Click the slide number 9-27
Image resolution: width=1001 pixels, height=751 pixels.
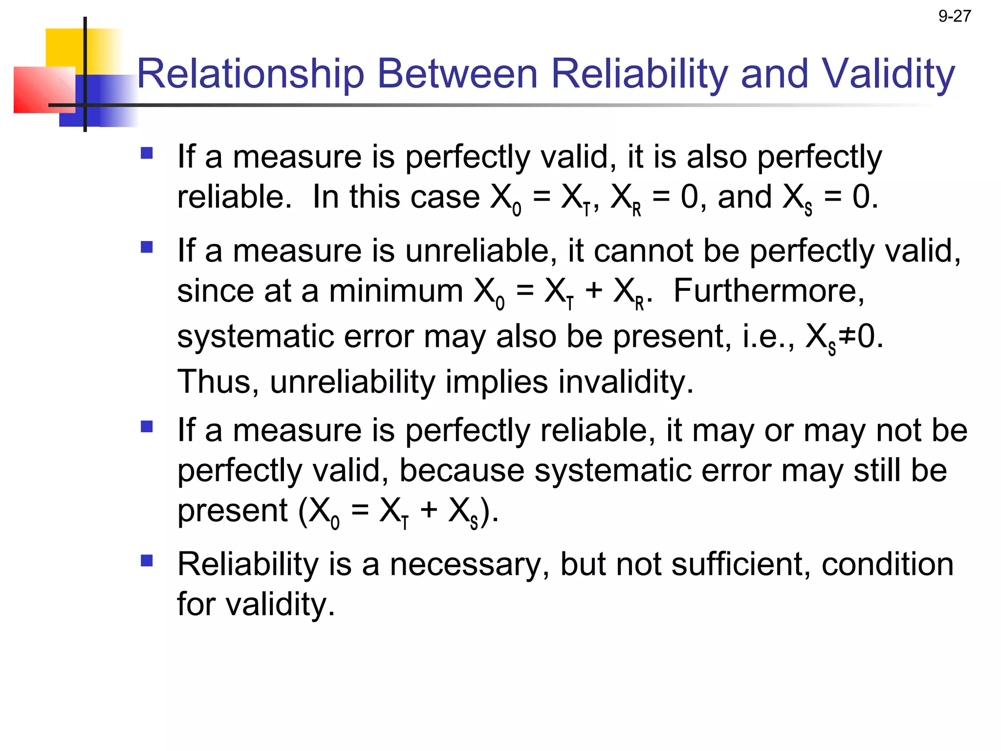954,17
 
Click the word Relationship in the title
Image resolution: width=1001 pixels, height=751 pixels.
250,74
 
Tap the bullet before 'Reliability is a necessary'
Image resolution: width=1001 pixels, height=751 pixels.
147,560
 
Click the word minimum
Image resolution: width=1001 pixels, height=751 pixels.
396,291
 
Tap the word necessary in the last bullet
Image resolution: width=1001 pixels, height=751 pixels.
469,565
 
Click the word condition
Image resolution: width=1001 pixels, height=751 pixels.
887,565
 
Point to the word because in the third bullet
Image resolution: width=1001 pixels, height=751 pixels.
461,470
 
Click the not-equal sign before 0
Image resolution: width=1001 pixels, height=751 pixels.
847,337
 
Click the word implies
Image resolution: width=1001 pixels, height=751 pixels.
497,382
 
